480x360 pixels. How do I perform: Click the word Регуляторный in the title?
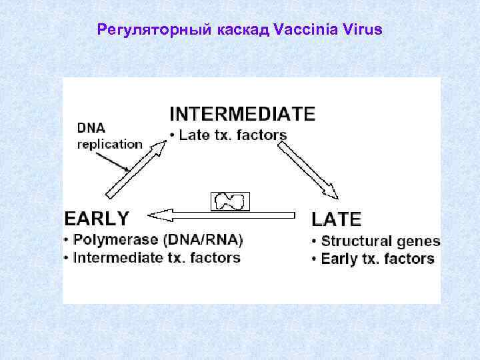pos(154,30)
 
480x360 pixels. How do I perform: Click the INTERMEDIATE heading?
pos(243,113)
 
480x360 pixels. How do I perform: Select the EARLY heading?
pos(97,217)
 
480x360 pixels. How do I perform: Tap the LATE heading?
pos(337,219)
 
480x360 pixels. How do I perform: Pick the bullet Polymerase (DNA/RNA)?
pos(157,239)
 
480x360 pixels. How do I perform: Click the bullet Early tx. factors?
pos(377,259)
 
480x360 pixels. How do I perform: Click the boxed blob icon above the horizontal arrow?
pos(230,201)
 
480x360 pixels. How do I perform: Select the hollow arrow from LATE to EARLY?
pos(227,215)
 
